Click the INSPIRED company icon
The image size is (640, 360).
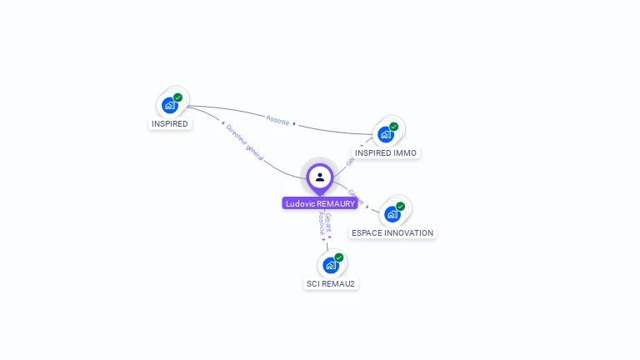170,105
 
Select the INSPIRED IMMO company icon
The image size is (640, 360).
386,133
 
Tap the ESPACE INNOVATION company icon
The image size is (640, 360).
392,213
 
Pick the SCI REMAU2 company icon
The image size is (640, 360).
331,265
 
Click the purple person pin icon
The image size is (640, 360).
320,177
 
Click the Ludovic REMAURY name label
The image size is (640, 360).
320,203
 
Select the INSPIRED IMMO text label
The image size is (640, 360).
386,153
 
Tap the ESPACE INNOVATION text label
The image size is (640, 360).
392,233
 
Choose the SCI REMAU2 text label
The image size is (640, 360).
331,284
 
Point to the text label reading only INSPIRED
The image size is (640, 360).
170,124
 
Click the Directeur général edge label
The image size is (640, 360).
245,142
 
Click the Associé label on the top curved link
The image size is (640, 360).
278,120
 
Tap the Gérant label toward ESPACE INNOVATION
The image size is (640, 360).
357,197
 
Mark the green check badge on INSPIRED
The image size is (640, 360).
177,97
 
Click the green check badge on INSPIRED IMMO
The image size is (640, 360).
393,127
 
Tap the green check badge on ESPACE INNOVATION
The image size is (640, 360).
400,206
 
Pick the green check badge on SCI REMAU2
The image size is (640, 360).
338,257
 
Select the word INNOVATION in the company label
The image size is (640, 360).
407,233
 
